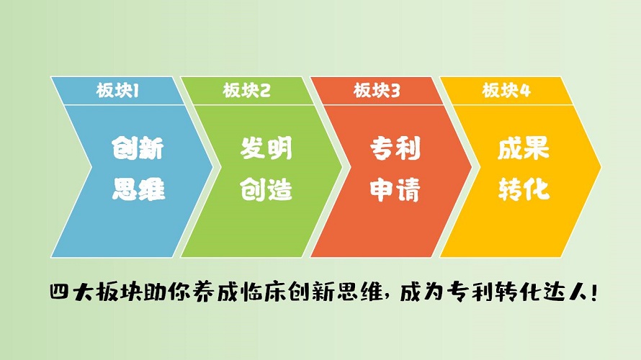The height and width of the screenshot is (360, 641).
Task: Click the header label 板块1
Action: [117, 90]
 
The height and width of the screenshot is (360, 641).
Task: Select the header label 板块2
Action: [246, 90]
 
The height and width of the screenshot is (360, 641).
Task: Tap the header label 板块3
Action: [377, 90]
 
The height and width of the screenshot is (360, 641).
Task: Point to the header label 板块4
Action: [506, 90]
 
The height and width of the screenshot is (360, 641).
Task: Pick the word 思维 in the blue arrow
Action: [138, 189]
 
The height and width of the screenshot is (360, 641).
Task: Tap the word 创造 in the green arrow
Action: [266, 189]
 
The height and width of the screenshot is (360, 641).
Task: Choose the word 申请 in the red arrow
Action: [395, 189]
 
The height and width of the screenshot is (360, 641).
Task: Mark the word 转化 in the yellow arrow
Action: [524, 189]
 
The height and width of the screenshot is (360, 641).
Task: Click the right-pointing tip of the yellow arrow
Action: [601, 167]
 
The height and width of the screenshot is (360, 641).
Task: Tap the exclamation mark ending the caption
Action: [593, 293]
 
